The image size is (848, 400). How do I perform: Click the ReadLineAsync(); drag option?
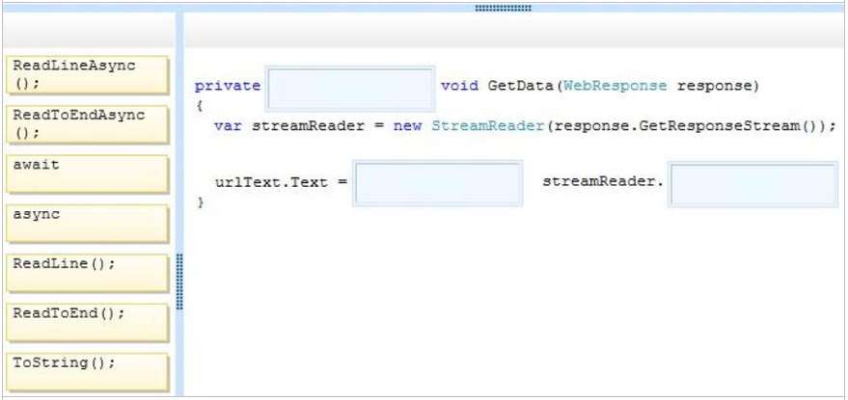point(88,74)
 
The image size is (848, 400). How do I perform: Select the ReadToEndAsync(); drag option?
point(88,124)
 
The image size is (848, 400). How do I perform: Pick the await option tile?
point(88,174)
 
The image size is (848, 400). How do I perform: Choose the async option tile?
point(88,224)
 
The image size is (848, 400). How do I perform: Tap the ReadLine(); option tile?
point(88,273)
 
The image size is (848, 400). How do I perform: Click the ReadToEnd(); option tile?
point(88,323)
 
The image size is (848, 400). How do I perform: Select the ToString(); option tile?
point(88,372)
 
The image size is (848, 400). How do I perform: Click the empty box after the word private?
point(350,89)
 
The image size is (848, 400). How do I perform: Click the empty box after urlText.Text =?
point(438,183)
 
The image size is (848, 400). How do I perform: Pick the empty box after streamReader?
point(752,184)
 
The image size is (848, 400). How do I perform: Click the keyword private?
point(227,86)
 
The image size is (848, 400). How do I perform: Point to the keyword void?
point(459,86)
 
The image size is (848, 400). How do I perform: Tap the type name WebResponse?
point(615,86)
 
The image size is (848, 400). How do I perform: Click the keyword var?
point(228,126)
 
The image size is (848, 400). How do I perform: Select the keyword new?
point(407,126)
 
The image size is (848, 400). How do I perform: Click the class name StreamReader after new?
point(487,126)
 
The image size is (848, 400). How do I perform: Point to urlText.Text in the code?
point(271,181)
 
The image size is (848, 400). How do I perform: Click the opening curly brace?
point(200,106)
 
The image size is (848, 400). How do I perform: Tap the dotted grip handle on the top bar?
point(503,8)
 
